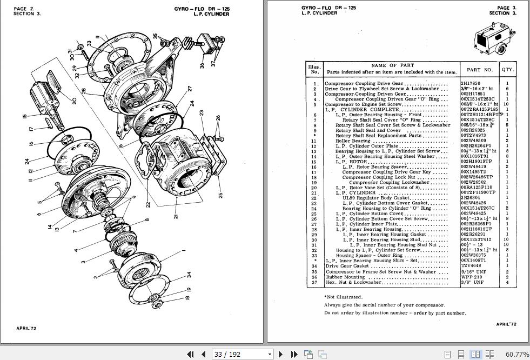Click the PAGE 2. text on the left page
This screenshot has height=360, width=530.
[x=24, y=9]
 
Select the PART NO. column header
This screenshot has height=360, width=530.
[x=480, y=69]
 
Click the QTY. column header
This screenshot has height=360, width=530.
[x=508, y=69]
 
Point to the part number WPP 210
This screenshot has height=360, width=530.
[x=472, y=277]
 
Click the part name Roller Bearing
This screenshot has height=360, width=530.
[x=353, y=141]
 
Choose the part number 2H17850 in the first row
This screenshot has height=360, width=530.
[x=470, y=83]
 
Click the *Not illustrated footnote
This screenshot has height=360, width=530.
[x=344, y=297]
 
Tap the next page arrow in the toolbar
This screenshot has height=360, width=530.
[x=280, y=354]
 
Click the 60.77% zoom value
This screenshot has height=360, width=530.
[x=517, y=354]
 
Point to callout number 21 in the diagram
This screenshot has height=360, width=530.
[x=175, y=216]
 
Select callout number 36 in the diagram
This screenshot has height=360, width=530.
[x=202, y=65]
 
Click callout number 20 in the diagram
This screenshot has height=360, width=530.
[x=75, y=101]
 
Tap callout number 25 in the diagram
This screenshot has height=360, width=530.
[x=220, y=195]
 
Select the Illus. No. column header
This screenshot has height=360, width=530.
[x=314, y=69]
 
